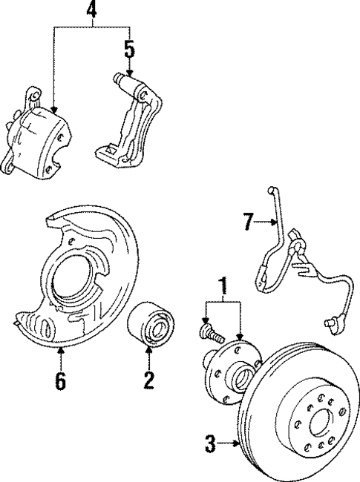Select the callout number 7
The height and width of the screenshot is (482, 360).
pyautogui.click(x=248, y=220)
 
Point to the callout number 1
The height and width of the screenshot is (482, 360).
pyautogui.click(x=221, y=283)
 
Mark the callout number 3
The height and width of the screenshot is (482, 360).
pyautogui.click(x=210, y=444)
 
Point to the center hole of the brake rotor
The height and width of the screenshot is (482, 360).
pyautogui.click(x=320, y=423)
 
